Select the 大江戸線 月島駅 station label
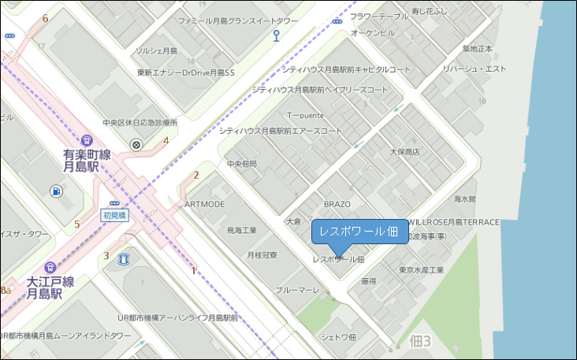pyautogui.click(x=50, y=288)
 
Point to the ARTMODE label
pyautogui.click(x=204, y=204)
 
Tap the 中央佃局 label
pyautogui.click(x=243, y=164)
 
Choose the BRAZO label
pyautogui.click(x=337, y=204)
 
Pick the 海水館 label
pyautogui.click(x=465, y=199)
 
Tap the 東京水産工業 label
pyautogui.click(x=422, y=270)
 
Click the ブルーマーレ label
pyautogui.click(x=297, y=290)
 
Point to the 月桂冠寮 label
pyautogui.click(x=262, y=255)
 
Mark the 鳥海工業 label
pyautogui.click(x=242, y=231)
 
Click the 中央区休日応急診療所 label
pyautogui.click(x=140, y=123)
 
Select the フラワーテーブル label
pyautogui.click(x=379, y=16)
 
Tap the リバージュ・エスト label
pyautogui.click(x=474, y=69)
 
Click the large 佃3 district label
pyautogui.click(x=421, y=341)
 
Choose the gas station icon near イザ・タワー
pyautogui.click(x=56, y=191)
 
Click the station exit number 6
pyautogui.click(x=46, y=18)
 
